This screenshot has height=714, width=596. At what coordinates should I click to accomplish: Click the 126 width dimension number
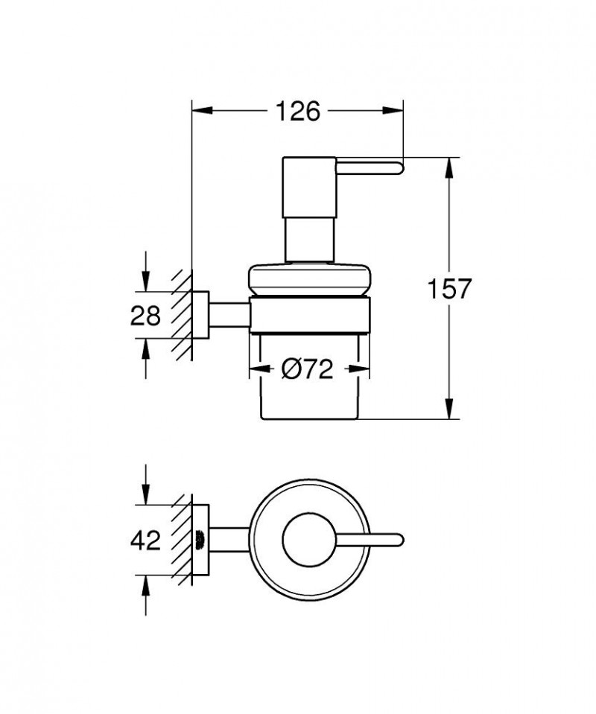(x=297, y=112)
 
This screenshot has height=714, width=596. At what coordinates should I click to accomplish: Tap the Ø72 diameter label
(x=308, y=369)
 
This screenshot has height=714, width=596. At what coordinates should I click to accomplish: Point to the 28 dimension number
(x=145, y=316)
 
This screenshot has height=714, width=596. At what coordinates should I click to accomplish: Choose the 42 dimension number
(x=145, y=541)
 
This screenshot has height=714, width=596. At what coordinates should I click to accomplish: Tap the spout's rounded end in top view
(x=398, y=538)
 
